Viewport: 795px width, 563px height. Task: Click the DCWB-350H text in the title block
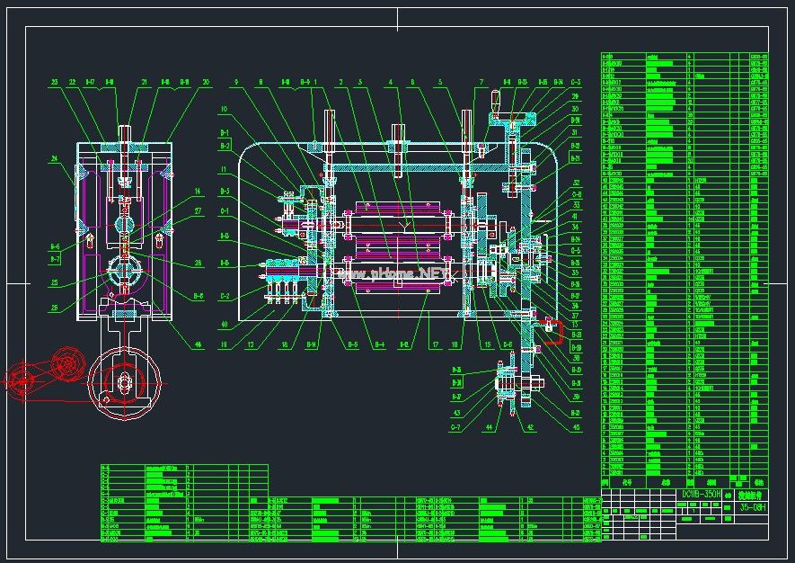pyautogui.click(x=702, y=494)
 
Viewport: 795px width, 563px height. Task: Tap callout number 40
pyautogui.click(x=225, y=325)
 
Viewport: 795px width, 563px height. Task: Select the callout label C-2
pyautogui.click(x=225, y=295)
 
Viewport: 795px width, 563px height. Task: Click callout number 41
pyautogui.click(x=575, y=216)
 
